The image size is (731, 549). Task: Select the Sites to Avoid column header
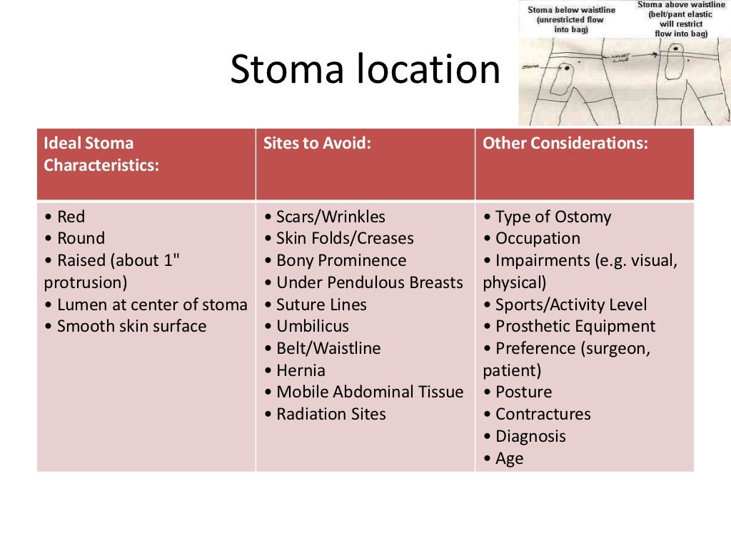[317, 143]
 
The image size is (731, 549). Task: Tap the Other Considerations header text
[565, 143]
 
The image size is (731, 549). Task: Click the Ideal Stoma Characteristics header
[101, 154]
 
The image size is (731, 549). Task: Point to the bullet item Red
[71, 217]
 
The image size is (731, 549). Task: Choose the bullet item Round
[80, 239]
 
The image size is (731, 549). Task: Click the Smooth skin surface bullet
[131, 327]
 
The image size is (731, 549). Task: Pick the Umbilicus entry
[312, 327]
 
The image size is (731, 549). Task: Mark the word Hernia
[300, 371]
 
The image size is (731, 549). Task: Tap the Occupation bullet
[537, 239]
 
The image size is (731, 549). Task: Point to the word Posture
[523, 392]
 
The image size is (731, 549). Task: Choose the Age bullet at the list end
[508, 459]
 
